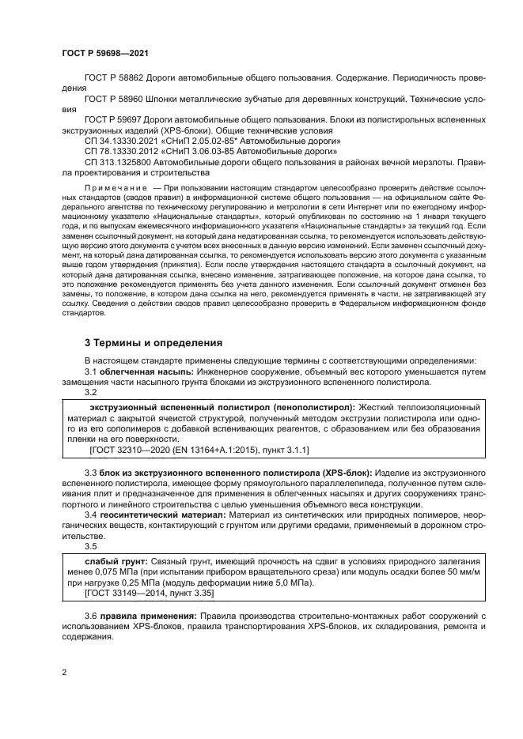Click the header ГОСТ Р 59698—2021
tap(104, 53)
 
